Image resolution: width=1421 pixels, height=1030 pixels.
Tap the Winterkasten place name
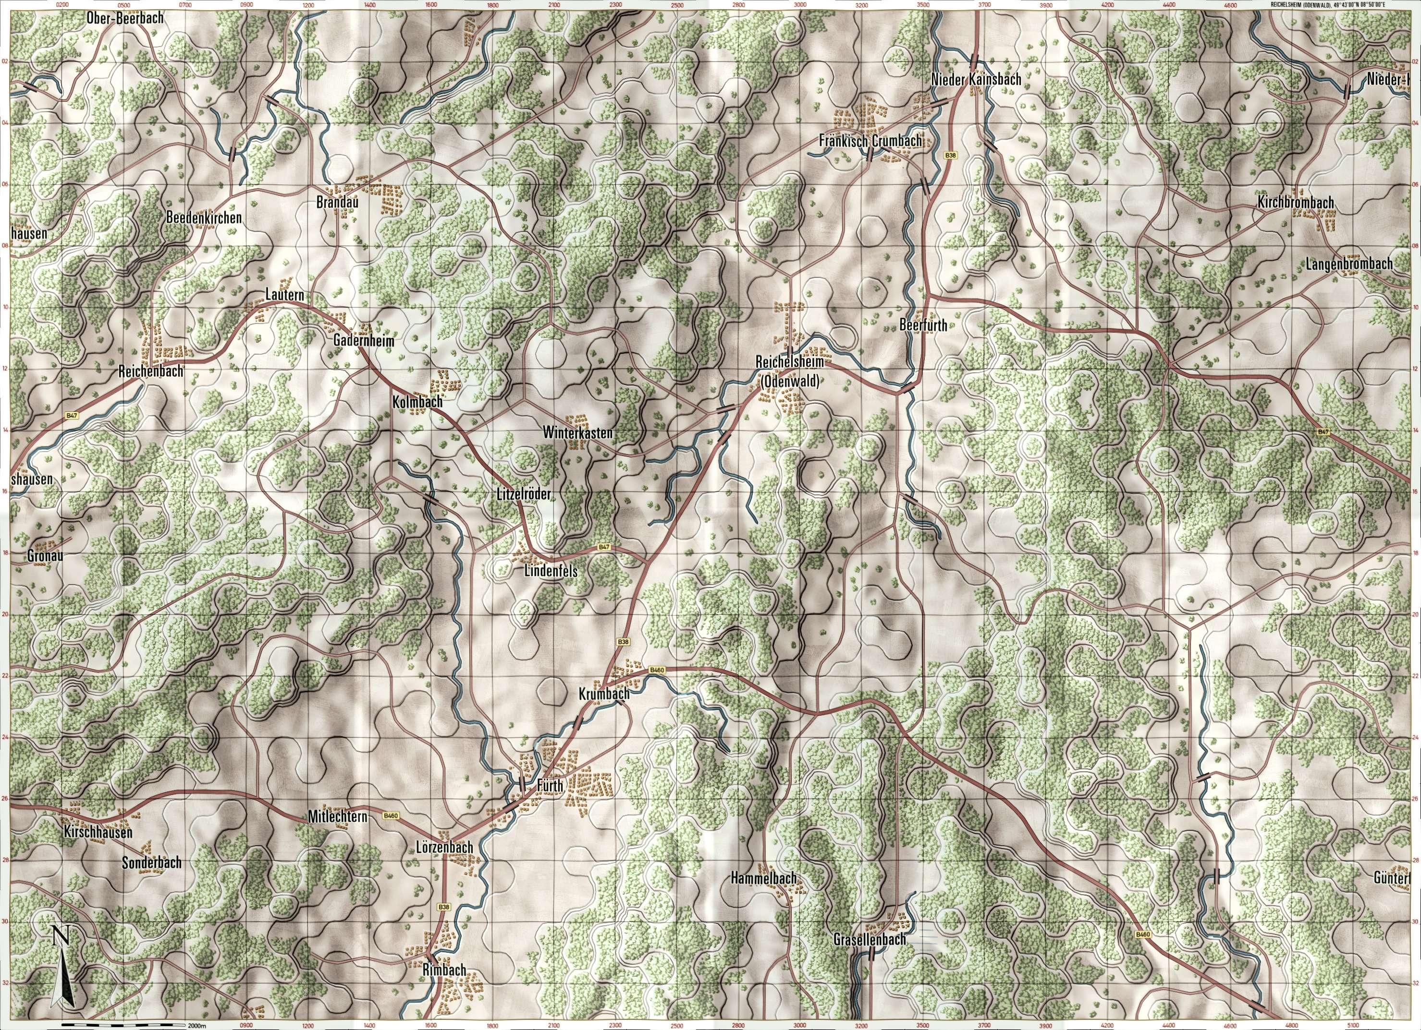point(578,432)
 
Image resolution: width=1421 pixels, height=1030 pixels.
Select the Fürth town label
point(551,786)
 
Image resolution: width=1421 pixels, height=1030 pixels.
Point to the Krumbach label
point(604,695)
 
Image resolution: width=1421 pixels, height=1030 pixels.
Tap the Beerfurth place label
point(923,325)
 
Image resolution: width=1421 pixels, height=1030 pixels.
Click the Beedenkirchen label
point(204,218)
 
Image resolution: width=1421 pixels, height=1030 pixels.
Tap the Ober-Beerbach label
point(126,18)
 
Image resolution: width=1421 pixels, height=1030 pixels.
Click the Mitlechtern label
point(337,817)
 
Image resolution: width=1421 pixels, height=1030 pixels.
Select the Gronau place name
point(46,555)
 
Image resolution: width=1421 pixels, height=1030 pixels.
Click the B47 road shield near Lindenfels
point(603,547)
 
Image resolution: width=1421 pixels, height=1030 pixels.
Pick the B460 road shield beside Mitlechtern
point(391,816)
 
